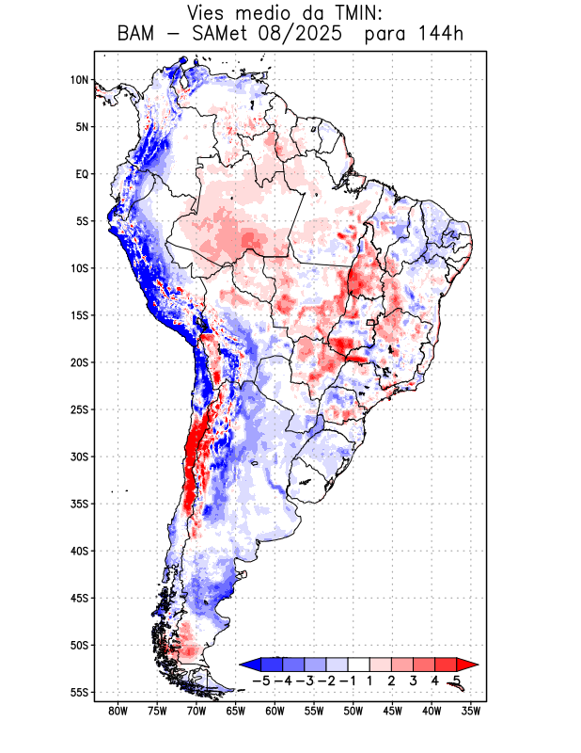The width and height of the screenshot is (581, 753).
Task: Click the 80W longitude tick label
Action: pyautogui.click(x=118, y=711)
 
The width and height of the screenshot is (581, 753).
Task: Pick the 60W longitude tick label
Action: pyautogui.click(x=275, y=711)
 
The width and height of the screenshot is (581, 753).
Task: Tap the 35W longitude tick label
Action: pyautogui.click(x=472, y=711)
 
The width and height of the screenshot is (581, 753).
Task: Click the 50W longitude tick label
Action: pyautogui.click(x=353, y=711)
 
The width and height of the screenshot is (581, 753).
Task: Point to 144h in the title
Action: pyautogui.click(x=440, y=35)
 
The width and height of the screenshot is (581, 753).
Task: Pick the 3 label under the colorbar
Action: pyautogui.click(x=412, y=680)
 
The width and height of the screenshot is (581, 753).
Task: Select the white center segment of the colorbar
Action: pyautogui.click(x=358, y=665)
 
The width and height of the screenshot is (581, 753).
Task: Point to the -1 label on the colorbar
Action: pyautogui.click(x=348, y=680)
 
